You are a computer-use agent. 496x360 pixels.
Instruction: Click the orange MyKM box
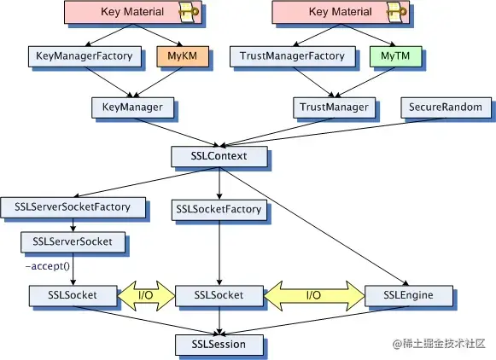(183, 56)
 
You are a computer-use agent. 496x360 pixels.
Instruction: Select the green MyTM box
(396, 56)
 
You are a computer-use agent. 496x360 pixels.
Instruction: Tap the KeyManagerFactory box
(85, 56)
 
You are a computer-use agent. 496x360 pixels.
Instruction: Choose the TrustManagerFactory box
(293, 56)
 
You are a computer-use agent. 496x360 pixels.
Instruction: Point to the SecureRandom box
(446, 107)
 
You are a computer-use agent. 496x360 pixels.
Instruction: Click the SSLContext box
(219, 156)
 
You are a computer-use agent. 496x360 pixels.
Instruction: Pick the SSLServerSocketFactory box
(73, 207)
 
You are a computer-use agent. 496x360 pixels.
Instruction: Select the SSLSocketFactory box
(219, 210)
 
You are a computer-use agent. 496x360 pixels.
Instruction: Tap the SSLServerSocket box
(73, 242)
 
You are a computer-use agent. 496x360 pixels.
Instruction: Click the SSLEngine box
(409, 296)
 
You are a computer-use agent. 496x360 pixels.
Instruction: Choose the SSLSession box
(219, 345)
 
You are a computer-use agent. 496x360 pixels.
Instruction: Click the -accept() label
(48, 266)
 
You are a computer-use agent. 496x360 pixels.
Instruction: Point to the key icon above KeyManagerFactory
(189, 12)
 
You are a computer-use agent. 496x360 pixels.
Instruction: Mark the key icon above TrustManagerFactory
(397, 12)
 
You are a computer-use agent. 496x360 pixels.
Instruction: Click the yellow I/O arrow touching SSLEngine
(314, 296)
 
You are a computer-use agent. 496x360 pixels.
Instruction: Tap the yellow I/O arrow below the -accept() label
(146, 296)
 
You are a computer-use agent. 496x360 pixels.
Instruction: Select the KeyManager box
(133, 107)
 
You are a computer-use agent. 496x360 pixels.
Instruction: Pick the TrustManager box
(335, 107)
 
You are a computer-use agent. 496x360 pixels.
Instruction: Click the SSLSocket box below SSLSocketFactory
(219, 296)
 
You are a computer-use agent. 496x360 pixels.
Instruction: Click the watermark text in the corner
(439, 344)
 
